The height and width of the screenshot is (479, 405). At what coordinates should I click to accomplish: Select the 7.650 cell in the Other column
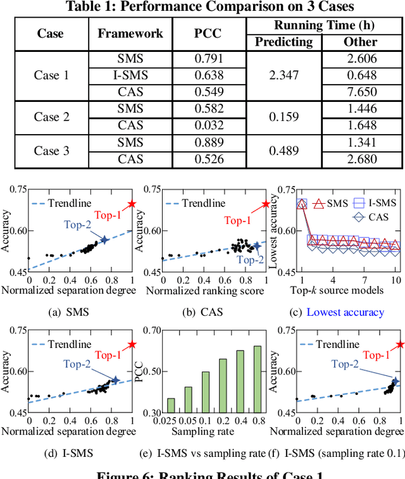pyautogui.click(x=361, y=91)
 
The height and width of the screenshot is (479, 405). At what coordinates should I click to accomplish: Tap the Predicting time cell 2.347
pyautogui.click(x=283, y=75)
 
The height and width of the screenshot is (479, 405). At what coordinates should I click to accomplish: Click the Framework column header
pyautogui.click(x=130, y=34)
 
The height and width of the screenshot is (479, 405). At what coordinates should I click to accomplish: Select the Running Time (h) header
pyautogui.click(x=322, y=26)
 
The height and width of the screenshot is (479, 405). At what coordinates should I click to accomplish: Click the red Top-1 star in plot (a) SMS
pyautogui.click(x=132, y=204)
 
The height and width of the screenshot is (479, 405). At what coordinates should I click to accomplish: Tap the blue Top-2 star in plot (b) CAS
pyautogui.click(x=257, y=246)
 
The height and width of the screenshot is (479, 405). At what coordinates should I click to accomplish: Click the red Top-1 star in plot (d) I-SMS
pyautogui.click(x=132, y=345)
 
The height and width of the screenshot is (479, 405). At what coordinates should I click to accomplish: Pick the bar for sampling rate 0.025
pyautogui.click(x=171, y=405)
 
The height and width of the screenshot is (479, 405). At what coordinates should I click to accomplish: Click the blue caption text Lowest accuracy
pyautogui.click(x=346, y=312)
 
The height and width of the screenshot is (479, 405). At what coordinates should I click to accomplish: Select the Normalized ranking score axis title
pyautogui.click(x=212, y=290)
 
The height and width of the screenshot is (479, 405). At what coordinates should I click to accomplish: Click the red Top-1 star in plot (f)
pyautogui.click(x=400, y=345)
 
